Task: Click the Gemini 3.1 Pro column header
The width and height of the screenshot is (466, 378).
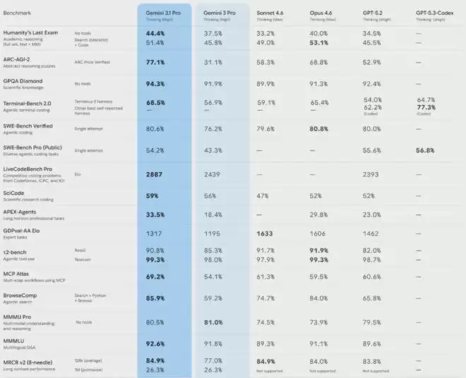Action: (161, 13)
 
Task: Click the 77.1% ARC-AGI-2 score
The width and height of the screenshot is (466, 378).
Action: (155, 62)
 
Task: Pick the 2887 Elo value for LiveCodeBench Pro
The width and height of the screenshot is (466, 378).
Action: (155, 173)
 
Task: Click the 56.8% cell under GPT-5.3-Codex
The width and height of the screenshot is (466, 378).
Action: (426, 151)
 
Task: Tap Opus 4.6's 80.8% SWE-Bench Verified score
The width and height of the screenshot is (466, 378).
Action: (319, 129)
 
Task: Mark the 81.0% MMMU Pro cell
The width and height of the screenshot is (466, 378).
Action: (214, 322)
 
